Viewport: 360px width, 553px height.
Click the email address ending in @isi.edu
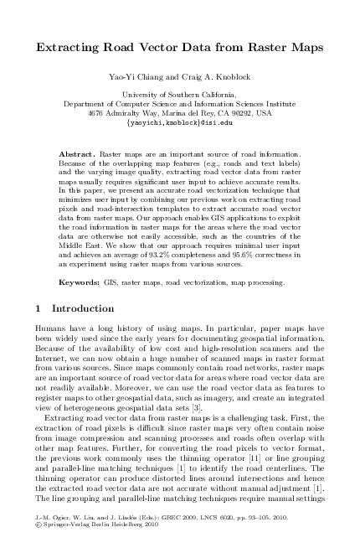pos(180,121)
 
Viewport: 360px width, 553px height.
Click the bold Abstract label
pos(80,156)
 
